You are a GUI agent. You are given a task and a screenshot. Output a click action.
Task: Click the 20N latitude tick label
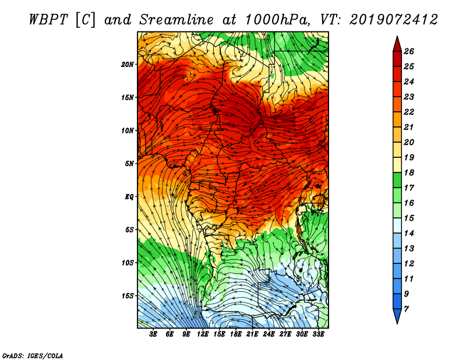click(128, 65)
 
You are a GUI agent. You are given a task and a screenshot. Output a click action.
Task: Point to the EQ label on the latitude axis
click(129, 197)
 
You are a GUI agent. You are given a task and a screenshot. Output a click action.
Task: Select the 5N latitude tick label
click(129, 164)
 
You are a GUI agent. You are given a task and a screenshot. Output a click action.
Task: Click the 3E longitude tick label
click(153, 334)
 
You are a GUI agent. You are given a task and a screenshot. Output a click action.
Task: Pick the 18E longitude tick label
click(236, 334)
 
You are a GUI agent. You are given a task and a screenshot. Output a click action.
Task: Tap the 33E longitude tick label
click(318, 334)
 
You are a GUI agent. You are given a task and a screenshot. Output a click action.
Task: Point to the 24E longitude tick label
click(269, 334)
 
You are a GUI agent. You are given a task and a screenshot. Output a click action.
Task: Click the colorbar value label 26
click(409, 51)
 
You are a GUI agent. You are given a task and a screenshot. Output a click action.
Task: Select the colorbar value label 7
click(406, 309)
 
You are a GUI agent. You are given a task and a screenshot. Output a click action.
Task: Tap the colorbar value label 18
click(409, 172)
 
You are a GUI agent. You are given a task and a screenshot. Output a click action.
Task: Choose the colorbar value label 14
click(409, 234)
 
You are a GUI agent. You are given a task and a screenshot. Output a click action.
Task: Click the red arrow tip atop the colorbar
click(397, 37)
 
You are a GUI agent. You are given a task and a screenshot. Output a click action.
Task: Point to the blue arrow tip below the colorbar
click(397, 323)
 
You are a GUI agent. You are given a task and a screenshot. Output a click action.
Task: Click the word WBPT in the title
click(48, 20)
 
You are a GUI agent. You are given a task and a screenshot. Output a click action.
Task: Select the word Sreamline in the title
click(176, 20)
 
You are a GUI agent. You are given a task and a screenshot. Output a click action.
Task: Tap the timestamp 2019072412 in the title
click(394, 20)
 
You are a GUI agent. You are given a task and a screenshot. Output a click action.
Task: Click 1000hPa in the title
click(277, 20)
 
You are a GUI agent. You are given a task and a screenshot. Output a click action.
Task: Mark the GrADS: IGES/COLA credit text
click(33, 356)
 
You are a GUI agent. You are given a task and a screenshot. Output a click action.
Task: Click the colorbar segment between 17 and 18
click(397, 180)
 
